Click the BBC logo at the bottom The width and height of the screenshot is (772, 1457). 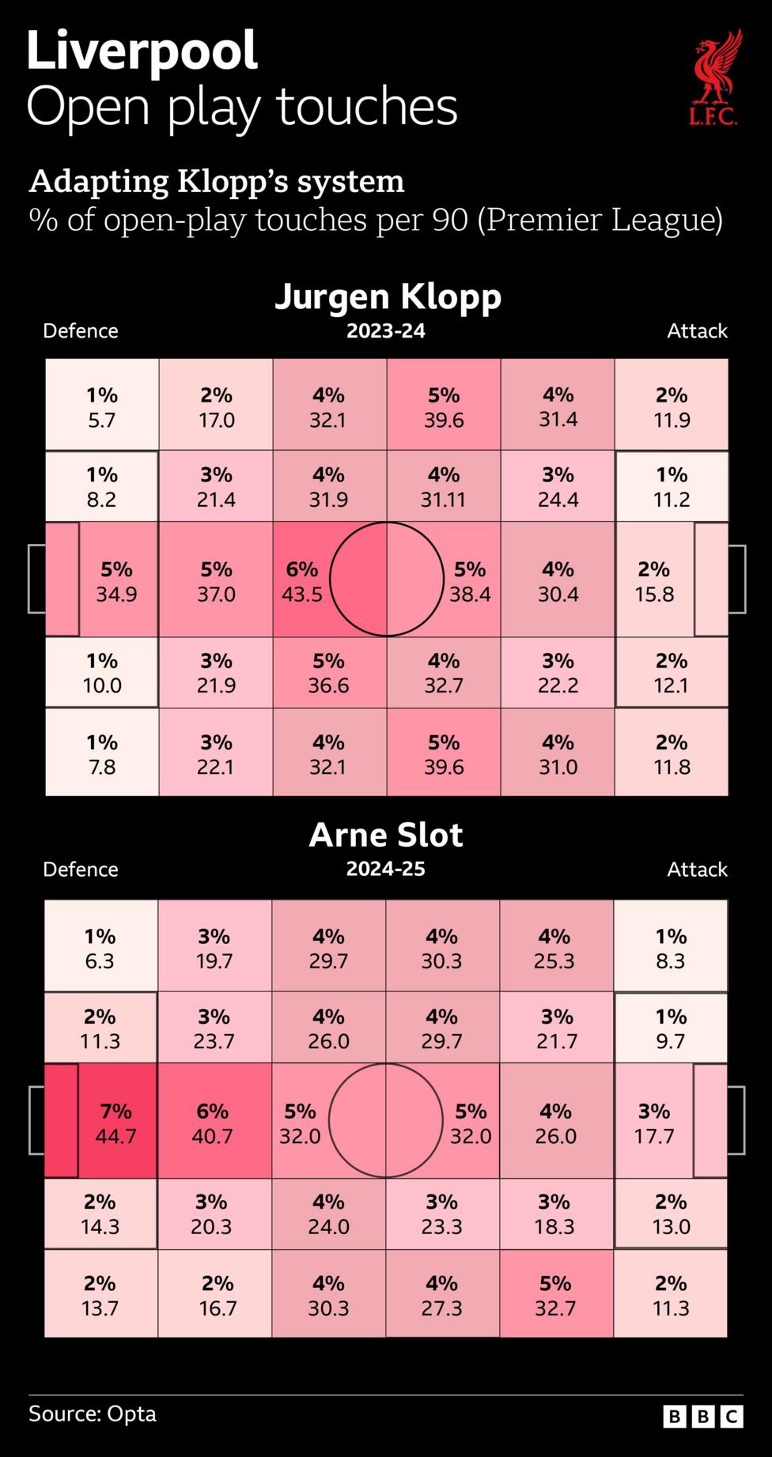tap(702, 1416)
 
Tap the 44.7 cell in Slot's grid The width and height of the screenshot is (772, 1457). tap(115, 1123)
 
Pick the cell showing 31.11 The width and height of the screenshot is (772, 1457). tap(443, 487)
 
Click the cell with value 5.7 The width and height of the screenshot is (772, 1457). tap(101, 406)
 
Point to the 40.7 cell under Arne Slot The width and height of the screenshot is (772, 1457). tap(213, 1123)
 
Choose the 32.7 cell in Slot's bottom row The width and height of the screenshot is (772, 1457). tap(555, 1295)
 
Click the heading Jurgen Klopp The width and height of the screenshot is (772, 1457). tap(388, 297)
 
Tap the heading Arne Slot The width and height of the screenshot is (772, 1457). tap(385, 836)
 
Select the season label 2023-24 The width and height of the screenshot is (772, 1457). tap(385, 331)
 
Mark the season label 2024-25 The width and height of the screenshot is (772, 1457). tap(385, 870)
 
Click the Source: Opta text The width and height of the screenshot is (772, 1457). tap(93, 1414)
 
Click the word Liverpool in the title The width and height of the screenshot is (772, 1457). tap(142, 51)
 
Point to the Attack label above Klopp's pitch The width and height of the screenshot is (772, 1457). tap(696, 331)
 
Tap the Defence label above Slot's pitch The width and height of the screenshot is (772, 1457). tap(80, 870)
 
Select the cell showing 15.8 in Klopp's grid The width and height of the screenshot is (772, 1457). tap(654, 581)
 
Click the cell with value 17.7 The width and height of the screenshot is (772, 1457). tap(653, 1123)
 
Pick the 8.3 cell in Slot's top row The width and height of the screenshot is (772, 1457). tap(670, 948)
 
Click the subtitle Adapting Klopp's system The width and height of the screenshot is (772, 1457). tap(216, 182)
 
